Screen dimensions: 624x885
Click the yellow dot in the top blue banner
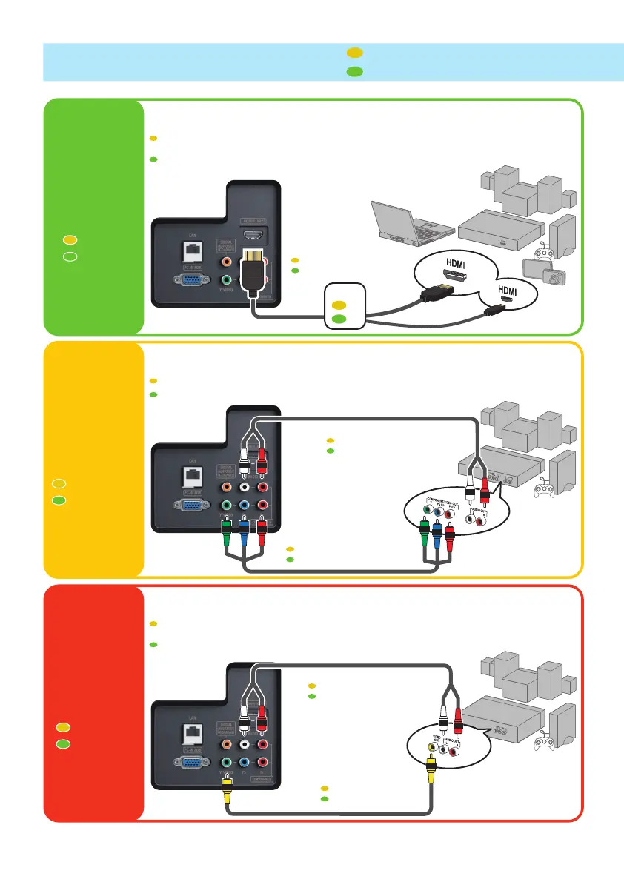coord(354,53)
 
